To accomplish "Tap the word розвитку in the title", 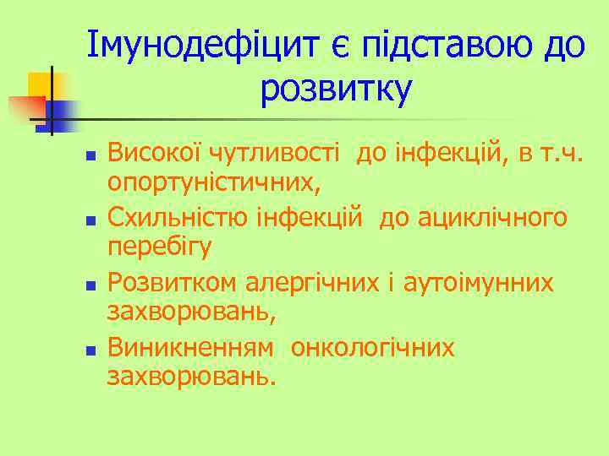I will (x=336, y=90).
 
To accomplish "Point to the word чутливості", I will (x=279, y=154).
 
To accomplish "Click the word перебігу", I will (x=160, y=247).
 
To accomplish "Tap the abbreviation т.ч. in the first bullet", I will (x=562, y=154).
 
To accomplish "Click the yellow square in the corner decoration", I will (x=41, y=84).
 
